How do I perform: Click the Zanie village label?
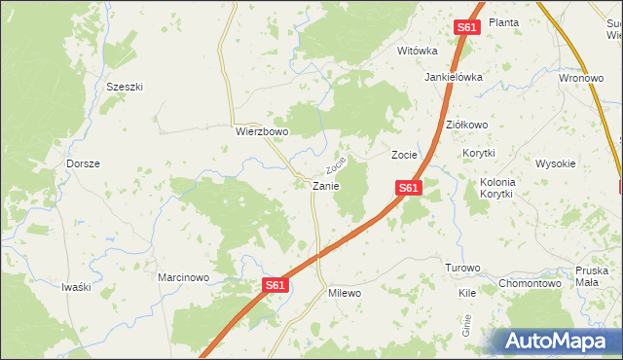(x=325, y=185)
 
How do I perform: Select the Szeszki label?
(x=125, y=87)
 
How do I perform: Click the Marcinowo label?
(x=184, y=277)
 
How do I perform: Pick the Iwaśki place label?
(x=76, y=286)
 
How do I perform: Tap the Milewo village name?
(x=345, y=293)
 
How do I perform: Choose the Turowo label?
(x=462, y=268)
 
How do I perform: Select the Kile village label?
(x=467, y=292)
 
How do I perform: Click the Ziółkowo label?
(x=466, y=126)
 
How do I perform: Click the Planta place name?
(x=503, y=22)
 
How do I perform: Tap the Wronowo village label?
(x=581, y=80)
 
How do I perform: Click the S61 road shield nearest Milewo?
(x=275, y=285)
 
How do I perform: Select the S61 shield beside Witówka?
(x=466, y=28)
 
